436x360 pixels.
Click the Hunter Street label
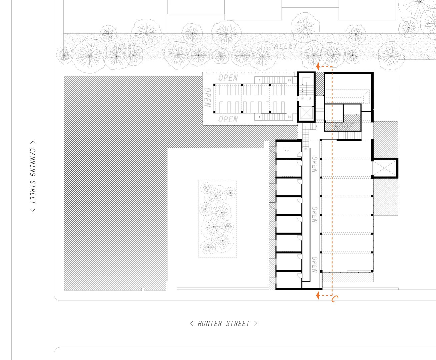point(224,324)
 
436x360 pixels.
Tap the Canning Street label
point(32,176)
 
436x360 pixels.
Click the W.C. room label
point(288,150)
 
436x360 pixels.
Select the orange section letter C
point(335,299)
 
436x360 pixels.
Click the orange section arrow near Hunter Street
point(318,295)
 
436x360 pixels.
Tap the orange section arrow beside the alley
point(318,66)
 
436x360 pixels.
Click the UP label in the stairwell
point(310,99)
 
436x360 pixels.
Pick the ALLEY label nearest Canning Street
point(124,46)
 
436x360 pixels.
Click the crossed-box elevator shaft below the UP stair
point(306,113)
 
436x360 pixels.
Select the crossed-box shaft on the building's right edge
point(384,168)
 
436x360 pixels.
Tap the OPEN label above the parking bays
point(228,78)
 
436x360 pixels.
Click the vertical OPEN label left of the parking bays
point(207,97)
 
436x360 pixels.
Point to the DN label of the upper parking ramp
point(289,80)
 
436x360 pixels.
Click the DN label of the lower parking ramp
point(289,117)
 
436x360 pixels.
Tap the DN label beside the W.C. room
point(306,149)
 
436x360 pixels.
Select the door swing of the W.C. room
point(300,162)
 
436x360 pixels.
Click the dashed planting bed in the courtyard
point(217,219)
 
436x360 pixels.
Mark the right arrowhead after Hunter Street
point(256,323)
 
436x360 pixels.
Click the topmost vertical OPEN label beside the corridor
point(314,164)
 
